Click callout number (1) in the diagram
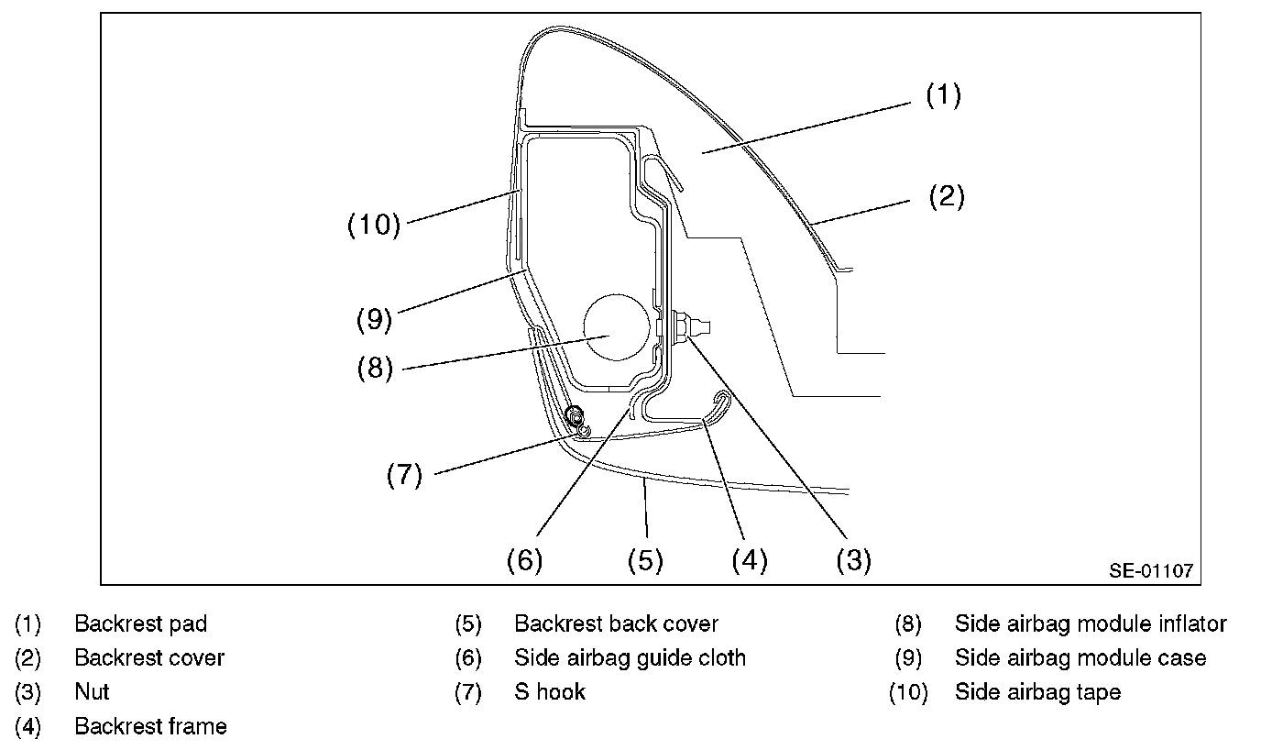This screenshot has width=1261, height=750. (943, 95)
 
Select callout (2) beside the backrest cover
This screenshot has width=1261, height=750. (947, 196)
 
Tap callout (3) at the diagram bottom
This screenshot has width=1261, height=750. (853, 559)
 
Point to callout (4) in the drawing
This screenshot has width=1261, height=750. (749, 559)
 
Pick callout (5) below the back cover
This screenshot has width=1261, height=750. (645, 559)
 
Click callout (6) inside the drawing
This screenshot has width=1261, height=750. (525, 559)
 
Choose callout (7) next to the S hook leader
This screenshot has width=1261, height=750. (403, 475)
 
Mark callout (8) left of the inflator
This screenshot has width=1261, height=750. (374, 368)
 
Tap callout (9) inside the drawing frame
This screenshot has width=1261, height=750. (374, 319)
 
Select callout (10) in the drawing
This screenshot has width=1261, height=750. (374, 225)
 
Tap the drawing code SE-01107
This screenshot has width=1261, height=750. (1151, 570)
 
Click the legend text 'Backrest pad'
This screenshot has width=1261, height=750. (141, 624)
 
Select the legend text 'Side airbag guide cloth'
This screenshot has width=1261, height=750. (630, 658)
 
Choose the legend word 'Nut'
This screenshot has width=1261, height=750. (92, 692)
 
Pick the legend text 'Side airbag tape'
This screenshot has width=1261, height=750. (1037, 692)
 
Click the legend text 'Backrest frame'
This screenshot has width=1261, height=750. (150, 727)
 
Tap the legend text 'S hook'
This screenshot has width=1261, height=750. (550, 692)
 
